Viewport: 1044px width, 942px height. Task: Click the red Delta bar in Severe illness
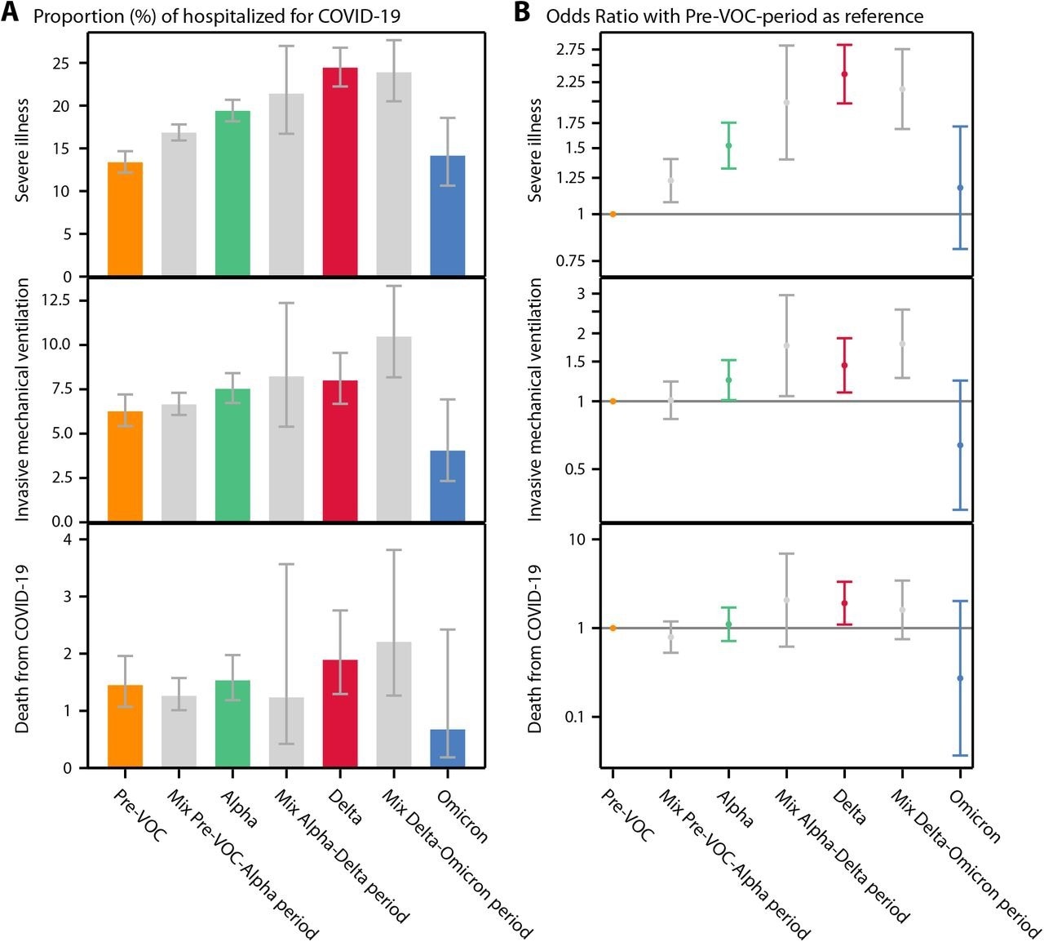pos(340,172)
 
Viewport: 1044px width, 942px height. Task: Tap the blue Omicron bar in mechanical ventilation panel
pos(447,486)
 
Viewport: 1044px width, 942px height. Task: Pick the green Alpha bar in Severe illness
pos(232,193)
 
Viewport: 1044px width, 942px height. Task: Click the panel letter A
pos(11,14)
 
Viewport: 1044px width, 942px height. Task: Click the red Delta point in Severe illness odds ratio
pos(844,74)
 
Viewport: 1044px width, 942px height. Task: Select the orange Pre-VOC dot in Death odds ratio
pos(613,628)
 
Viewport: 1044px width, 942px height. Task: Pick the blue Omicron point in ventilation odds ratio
pos(960,445)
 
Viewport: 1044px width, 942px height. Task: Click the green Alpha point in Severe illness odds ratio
pos(728,145)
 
